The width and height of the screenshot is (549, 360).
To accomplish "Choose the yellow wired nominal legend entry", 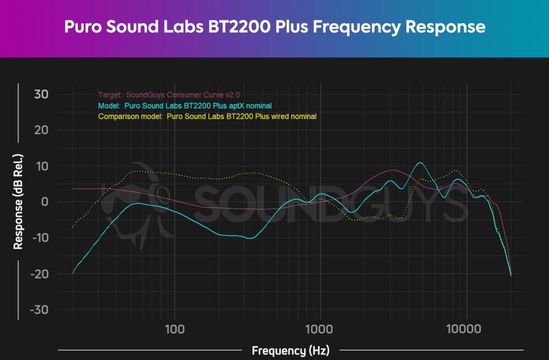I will pos(207,116).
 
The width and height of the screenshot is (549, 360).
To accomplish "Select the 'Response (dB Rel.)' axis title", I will pos(18,202).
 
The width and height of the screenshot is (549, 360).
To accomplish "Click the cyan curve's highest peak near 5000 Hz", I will pos(420,162).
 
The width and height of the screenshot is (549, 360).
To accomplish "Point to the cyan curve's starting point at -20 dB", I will pos(73,273).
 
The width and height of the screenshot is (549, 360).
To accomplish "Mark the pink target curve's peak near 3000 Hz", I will pos(393,170).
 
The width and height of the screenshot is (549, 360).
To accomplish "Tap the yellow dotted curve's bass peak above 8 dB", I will pos(138,171).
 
